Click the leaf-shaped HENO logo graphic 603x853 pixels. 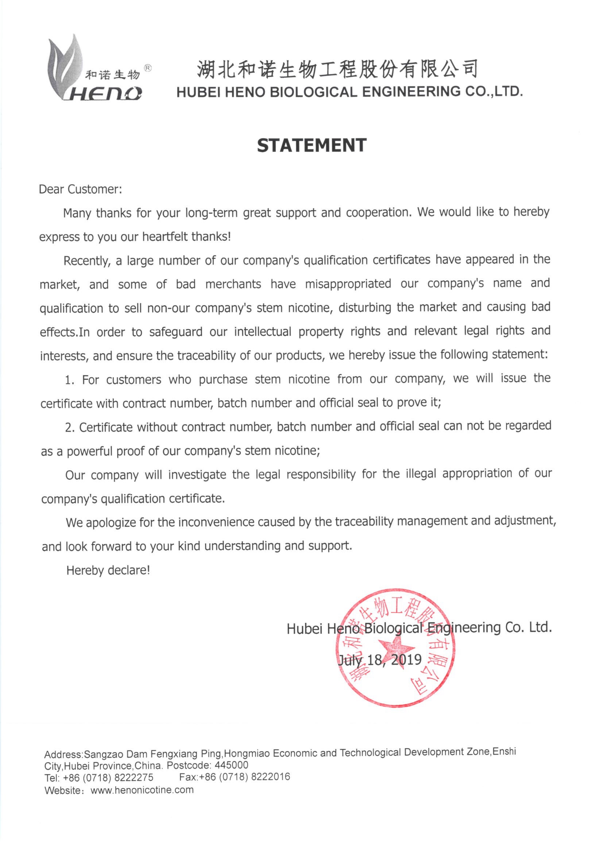[65, 67]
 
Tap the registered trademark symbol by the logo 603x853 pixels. [147, 68]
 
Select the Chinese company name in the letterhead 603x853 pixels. [337, 69]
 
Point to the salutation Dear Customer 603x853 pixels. [80, 189]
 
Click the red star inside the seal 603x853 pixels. [396, 648]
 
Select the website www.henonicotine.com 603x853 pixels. [142, 790]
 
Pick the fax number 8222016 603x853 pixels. [270, 777]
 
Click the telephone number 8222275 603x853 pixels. [134, 777]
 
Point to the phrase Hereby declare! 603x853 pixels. [108, 570]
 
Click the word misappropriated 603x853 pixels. [348, 284]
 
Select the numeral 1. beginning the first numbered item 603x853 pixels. [69, 380]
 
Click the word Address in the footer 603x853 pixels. [63, 754]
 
